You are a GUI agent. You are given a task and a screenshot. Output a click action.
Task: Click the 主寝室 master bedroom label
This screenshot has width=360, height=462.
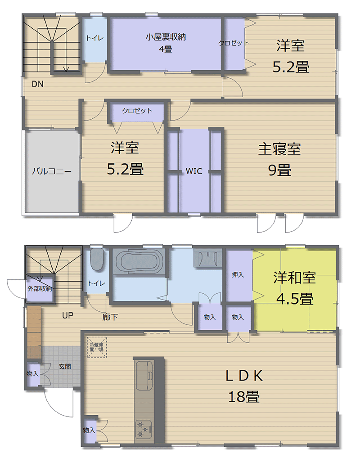coord(279,149)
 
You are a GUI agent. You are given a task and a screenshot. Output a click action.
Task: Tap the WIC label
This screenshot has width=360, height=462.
coord(194,171)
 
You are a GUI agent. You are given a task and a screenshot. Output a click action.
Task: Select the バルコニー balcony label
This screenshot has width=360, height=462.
coord(51,171)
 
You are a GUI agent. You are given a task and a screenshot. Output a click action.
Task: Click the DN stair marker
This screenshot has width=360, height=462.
coord(37,84)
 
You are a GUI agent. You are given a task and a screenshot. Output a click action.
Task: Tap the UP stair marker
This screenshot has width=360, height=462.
coord(68,315)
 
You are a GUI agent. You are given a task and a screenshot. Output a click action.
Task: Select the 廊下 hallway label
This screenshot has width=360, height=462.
coord(110,317)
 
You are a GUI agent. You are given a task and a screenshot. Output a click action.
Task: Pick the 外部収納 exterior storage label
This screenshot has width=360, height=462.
coord(40,288)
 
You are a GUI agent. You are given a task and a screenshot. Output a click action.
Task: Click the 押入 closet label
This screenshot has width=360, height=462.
coord(238,275)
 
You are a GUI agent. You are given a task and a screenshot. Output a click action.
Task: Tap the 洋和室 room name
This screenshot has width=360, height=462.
coord(294,278)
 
